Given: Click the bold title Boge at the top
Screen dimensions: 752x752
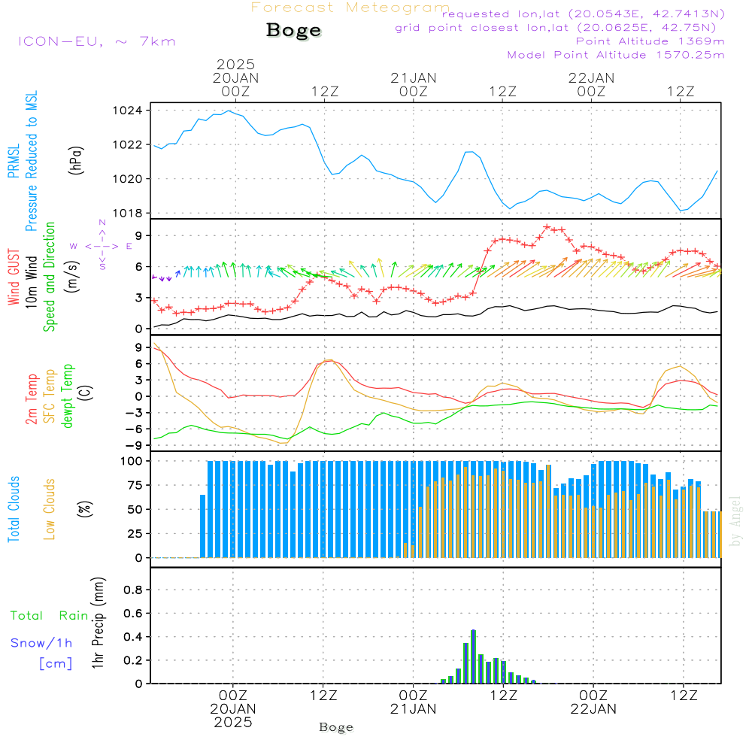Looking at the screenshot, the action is [x=293, y=31].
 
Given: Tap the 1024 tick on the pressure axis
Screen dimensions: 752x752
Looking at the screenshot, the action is [x=128, y=111].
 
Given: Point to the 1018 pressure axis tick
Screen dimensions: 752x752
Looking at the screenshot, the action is [x=128, y=214].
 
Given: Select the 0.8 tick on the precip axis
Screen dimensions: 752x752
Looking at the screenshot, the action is [x=133, y=590].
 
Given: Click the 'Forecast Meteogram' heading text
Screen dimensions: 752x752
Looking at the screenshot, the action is [x=350, y=8].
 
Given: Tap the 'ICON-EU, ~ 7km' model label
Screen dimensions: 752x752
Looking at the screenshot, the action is [x=97, y=41].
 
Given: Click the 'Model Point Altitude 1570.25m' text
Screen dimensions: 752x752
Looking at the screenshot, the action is [x=616, y=55].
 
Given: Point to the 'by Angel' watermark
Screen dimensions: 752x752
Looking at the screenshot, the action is [x=735, y=521].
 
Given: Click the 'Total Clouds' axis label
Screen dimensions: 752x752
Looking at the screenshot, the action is [x=14, y=509].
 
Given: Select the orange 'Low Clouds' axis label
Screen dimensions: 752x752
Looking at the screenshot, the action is [x=50, y=509].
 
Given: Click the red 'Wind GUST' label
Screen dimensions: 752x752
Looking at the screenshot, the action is [x=14, y=277].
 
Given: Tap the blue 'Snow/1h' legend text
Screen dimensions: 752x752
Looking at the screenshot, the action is [x=41, y=643].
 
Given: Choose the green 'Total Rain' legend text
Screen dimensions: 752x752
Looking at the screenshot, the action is [x=50, y=616].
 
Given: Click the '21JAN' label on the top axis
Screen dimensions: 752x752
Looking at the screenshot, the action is [x=414, y=78].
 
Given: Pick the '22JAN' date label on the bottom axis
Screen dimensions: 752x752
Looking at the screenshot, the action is [x=593, y=709].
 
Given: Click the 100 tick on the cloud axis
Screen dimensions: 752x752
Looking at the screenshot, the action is [x=132, y=462].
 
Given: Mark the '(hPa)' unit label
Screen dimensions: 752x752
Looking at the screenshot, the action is [x=76, y=160].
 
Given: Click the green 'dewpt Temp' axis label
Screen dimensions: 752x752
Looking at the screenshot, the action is [x=67, y=396].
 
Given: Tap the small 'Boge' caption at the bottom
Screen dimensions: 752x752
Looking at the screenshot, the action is [x=336, y=727].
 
